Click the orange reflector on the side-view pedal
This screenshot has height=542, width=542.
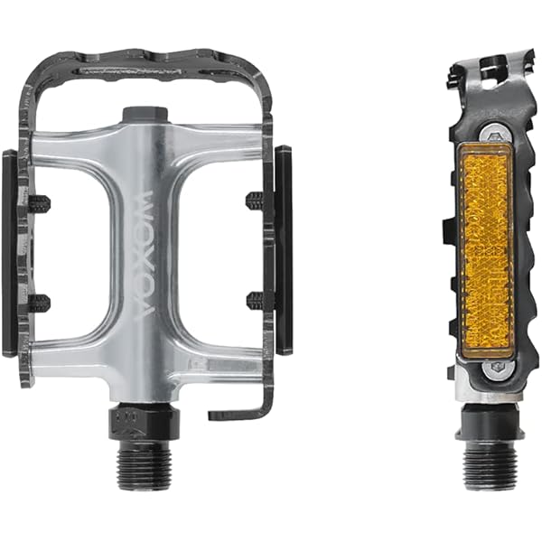tap(485, 253)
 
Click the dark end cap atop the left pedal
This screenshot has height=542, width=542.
tap(145, 115)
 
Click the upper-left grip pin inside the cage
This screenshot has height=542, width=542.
tap(40, 204)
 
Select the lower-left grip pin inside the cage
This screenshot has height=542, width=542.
tap(40, 304)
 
